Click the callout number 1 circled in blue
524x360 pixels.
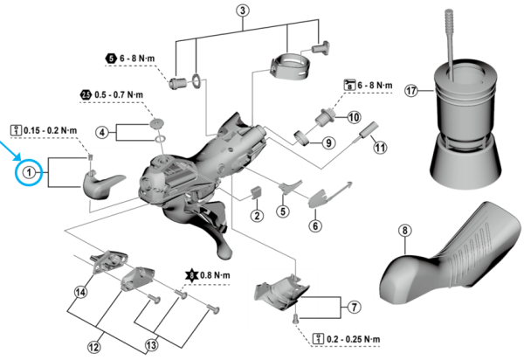pos(29,172)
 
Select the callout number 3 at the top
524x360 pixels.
pos(243,11)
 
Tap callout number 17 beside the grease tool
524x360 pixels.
pos(412,90)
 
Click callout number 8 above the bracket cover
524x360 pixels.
pos(404,231)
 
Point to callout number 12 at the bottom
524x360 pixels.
pos(94,347)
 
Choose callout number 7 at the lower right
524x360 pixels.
pos(354,307)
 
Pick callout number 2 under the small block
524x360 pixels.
pos(258,215)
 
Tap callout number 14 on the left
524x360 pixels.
pos(81,292)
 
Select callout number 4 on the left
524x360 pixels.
pos(102,133)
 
